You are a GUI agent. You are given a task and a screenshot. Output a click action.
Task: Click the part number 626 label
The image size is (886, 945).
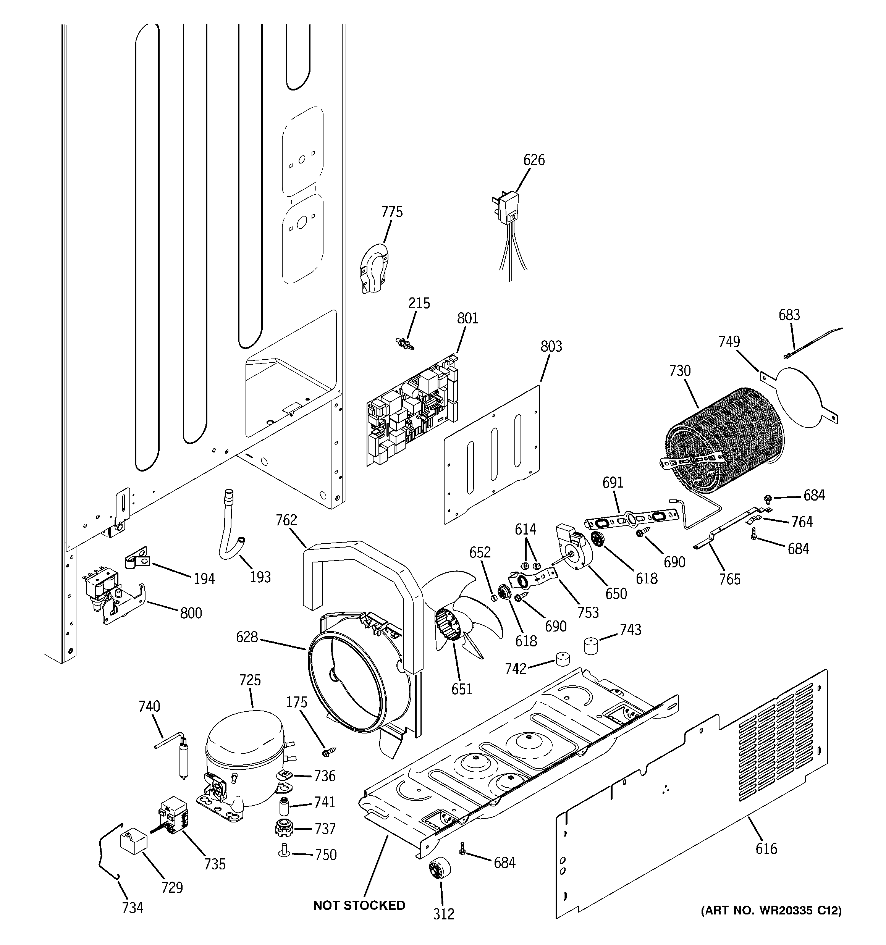534,160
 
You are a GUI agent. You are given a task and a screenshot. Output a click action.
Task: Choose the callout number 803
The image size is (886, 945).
551,347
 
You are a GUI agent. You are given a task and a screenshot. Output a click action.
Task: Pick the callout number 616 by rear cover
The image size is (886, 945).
766,848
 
